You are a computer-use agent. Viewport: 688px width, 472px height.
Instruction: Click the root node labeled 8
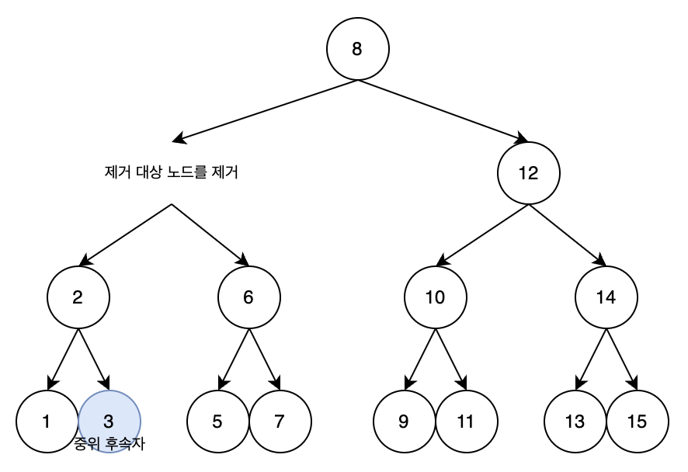[x=357, y=49]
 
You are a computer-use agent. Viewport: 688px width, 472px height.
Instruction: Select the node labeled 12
[x=528, y=173]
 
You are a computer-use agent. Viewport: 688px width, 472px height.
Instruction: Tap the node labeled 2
[x=78, y=298]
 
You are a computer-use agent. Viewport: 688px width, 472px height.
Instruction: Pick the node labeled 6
[x=248, y=298]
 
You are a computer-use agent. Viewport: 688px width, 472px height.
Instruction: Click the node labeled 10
[x=435, y=298]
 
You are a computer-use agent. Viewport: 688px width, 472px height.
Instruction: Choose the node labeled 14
[x=606, y=298]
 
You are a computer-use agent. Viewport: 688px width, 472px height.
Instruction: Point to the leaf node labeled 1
[x=47, y=422]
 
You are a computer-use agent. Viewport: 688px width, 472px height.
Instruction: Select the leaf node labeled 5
[x=217, y=422]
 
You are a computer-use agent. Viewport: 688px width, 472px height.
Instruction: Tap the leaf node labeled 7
[x=280, y=422]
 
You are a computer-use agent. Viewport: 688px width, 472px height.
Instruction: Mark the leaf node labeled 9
[x=404, y=422]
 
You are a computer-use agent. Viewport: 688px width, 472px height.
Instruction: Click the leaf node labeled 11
[x=466, y=422]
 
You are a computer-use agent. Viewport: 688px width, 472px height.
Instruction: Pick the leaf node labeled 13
[x=575, y=422]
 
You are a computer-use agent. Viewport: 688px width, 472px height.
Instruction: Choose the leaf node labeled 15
[x=637, y=422]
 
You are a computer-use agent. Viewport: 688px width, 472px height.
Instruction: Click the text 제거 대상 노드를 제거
[x=171, y=173]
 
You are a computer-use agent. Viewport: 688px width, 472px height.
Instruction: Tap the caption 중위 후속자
[x=109, y=445]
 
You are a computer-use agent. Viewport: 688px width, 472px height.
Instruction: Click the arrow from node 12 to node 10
[x=481, y=235]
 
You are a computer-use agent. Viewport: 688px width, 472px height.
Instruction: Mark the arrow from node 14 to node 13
[x=591, y=359]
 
